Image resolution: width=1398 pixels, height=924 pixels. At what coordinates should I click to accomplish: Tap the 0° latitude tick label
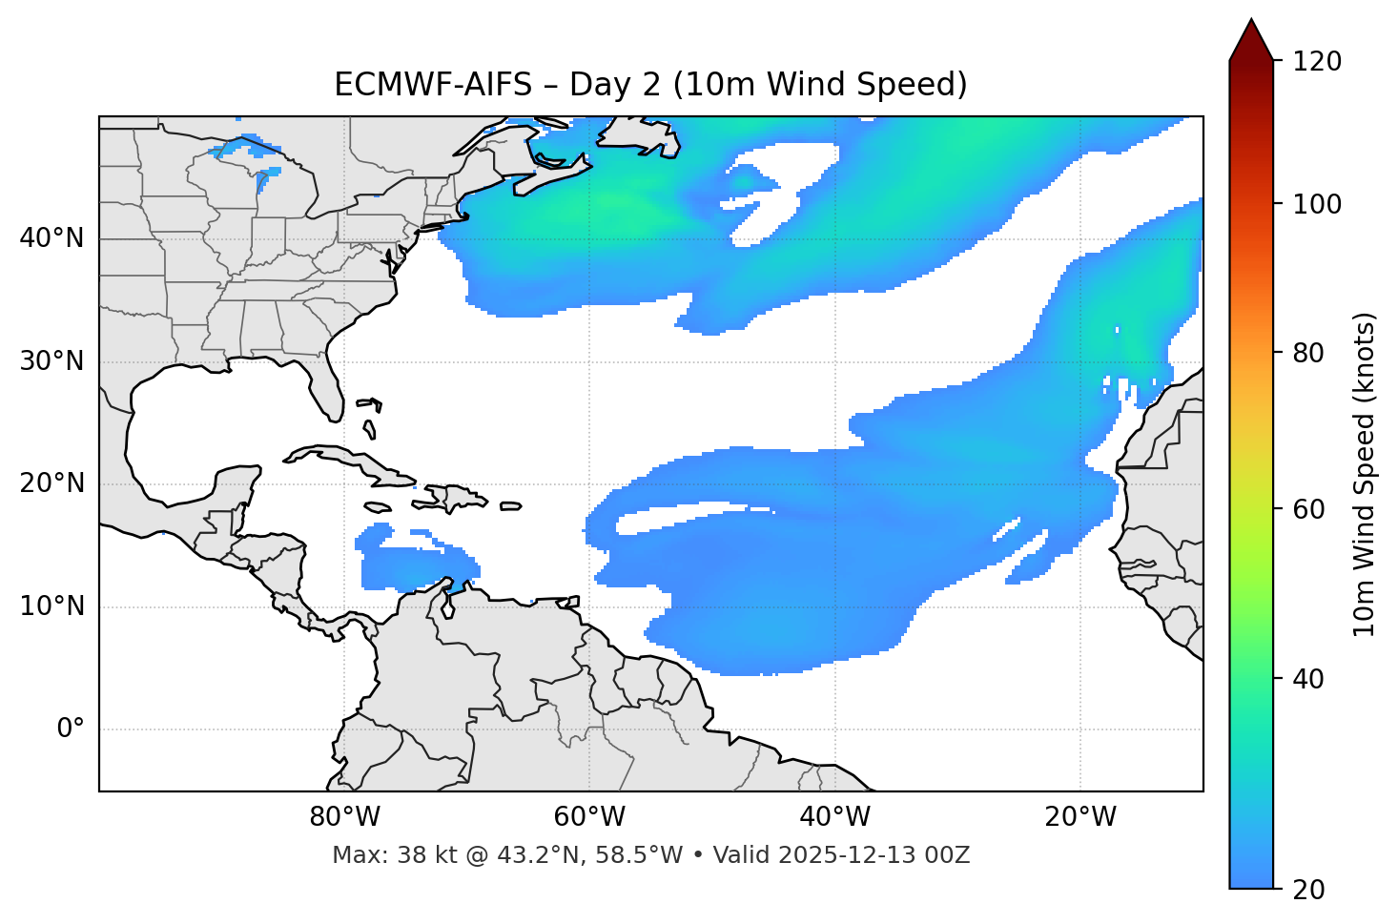(x=71, y=729)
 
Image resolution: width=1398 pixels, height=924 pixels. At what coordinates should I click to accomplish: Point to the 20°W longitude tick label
(x=1079, y=817)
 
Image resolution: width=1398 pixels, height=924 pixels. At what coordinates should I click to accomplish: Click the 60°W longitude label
(x=588, y=817)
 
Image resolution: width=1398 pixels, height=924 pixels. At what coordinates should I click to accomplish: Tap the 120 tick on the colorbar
(x=1317, y=62)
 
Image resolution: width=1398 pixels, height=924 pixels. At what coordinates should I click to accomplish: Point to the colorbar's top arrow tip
(x=1251, y=20)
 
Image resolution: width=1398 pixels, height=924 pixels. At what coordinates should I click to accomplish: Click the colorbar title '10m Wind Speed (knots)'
(x=1365, y=474)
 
